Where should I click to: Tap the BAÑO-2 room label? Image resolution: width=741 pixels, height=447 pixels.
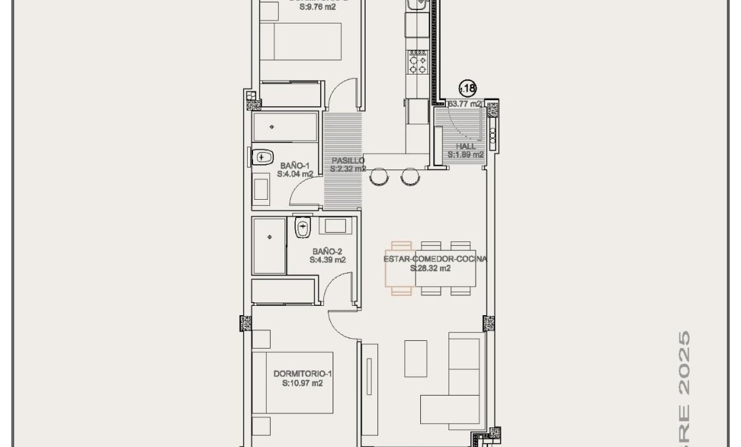327,251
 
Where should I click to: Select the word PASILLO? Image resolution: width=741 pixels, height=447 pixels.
348,160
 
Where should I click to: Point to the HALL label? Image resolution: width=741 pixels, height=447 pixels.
465,146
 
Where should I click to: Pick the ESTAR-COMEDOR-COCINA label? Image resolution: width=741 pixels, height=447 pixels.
435,259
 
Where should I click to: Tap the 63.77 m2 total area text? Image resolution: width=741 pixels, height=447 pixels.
465,104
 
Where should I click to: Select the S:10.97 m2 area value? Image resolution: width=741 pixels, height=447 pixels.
302,382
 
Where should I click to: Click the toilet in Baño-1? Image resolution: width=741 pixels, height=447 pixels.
262,157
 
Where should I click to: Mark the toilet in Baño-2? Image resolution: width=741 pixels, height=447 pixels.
302,228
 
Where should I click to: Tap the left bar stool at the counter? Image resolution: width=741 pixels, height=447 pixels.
379,176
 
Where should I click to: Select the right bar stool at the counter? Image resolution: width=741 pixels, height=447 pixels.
410,176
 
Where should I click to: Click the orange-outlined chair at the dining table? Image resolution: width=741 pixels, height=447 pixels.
400,268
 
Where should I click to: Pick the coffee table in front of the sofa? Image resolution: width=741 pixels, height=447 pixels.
415,358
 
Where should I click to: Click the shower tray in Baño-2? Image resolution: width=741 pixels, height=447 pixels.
269,246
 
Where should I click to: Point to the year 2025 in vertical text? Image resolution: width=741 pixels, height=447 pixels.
684,363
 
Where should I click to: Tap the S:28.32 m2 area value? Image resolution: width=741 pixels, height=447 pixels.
430,268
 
